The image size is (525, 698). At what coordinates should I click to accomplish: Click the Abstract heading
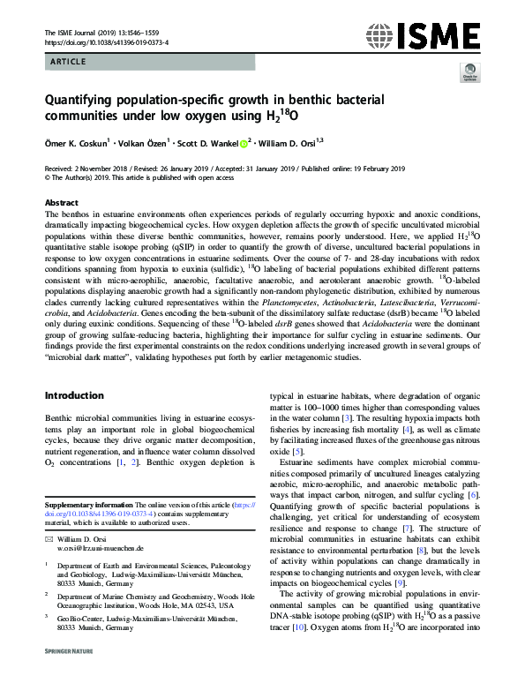pyautogui.click(x=61, y=202)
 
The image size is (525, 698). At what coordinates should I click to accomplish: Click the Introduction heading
pyautogui.click(x=80, y=395)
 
